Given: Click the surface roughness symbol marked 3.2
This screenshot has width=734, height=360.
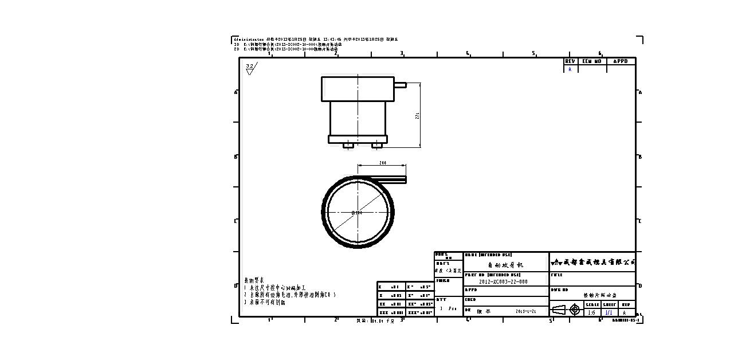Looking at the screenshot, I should pos(250,68).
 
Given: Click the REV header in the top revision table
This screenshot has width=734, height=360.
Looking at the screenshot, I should pos(570,61).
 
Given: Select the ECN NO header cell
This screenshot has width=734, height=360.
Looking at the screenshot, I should pos(591,61).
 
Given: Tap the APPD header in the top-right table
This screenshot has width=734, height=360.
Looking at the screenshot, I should pos(621,61).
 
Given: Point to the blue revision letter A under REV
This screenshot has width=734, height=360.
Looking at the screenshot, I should pos(570,69).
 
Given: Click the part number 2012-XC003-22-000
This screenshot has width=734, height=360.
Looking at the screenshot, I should pos(503,281).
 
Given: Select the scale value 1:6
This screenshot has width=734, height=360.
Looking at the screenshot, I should pos(591,312).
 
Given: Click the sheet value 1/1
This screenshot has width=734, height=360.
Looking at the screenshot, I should pos(609,312).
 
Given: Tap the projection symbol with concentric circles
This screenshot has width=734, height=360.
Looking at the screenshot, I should pos(575,310).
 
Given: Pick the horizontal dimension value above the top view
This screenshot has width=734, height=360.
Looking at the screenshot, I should pos(382,163).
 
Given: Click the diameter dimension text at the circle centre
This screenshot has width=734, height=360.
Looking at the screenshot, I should pos(356,213).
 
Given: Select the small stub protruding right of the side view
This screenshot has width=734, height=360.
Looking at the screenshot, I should pos(400,85).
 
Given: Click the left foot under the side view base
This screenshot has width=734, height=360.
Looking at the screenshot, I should pos(348,146).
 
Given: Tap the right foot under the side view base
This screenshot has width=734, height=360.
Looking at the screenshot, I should pos(376,146).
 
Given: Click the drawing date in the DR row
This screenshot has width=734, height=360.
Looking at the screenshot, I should pos(525,311).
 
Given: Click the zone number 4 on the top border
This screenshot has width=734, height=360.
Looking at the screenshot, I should pos(468,53).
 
